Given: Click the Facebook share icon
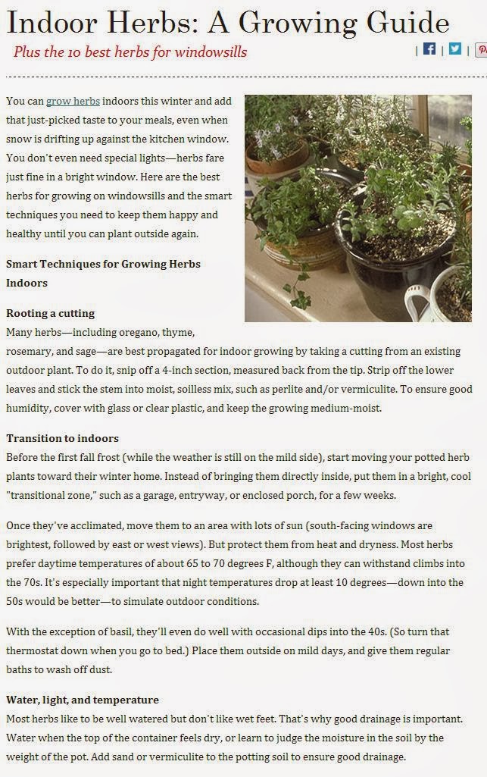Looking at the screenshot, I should pyautogui.click(x=429, y=49).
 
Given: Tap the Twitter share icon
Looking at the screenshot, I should pyautogui.click(x=454, y=49).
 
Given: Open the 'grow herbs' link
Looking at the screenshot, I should pyautogui.click(x=73, y=102).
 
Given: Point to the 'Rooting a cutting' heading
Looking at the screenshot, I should pyautogui.click(x=50, y=313).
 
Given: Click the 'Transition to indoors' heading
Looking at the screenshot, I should pyautogui.click(x=62, y=438).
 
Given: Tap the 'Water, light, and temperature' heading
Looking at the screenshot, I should pyautogui.click(x=83, y=700).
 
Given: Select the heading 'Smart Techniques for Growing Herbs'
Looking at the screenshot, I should pyautogui.click(x=103, y=264).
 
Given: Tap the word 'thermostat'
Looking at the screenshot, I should pyautogui.click(x=37, y=651).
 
